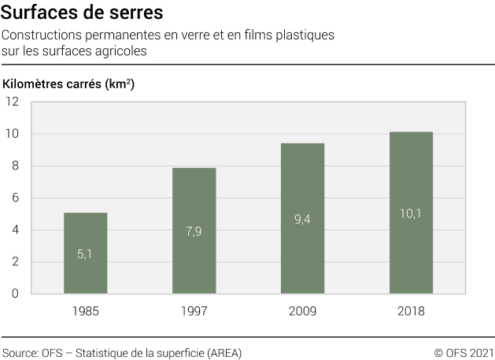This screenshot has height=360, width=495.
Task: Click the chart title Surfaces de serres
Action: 83,13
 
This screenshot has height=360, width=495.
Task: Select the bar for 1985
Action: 85,253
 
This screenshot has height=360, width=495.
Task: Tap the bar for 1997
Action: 194,230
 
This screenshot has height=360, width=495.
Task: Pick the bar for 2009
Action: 303,218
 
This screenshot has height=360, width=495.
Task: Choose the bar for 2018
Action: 411,213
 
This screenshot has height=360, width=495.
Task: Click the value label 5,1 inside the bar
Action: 85,254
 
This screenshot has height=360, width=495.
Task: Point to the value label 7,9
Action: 194,231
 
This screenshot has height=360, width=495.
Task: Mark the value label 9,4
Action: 303,219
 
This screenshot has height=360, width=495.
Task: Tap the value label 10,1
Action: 411,213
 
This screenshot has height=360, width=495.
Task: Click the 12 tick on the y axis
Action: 13,102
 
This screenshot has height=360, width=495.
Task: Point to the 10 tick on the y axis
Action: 13,134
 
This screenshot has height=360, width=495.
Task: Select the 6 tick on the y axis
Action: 16,198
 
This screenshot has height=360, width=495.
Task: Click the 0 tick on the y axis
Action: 16,294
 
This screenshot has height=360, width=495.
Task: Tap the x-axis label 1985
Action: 85,311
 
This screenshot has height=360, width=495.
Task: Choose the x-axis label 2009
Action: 303,311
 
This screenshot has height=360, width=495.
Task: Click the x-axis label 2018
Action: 411,311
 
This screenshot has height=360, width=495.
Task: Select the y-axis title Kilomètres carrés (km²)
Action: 68,84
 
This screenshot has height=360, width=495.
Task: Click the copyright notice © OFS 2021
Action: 464,352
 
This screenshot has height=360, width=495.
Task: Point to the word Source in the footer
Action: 19,352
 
